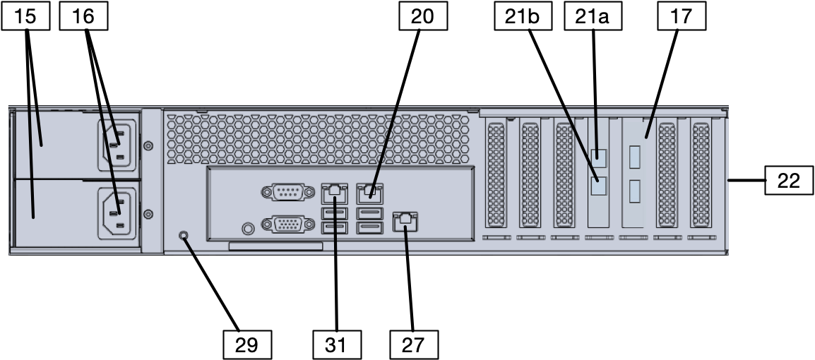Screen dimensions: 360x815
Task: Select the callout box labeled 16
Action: click(x=83, y=17)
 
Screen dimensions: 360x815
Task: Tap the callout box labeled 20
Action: click(x=424, y=17)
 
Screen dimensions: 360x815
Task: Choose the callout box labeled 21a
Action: click(x=593, y=17)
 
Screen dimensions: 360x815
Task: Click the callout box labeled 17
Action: click(x=682, y=17)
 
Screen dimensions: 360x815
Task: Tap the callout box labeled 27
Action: click(x=415, y=344)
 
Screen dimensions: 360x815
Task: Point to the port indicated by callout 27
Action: click(x=405, y=220)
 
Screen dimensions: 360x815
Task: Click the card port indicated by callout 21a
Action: click(x=599, y=157)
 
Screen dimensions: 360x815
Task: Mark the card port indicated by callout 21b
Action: click(x=599, y=186)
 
